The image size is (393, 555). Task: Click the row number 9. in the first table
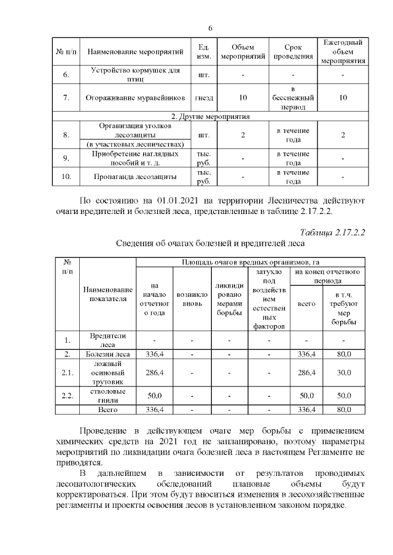coord(66,158)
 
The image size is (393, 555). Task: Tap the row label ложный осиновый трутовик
coord(107,372)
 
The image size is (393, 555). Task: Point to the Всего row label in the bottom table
coord(107,409)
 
